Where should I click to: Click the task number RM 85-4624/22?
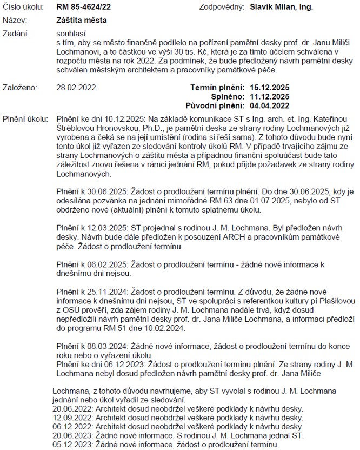coord(84,8)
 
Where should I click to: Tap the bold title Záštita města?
coord(82,20)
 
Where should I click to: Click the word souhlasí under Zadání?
coord(70,34)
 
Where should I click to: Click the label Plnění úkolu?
coord(26,118)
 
